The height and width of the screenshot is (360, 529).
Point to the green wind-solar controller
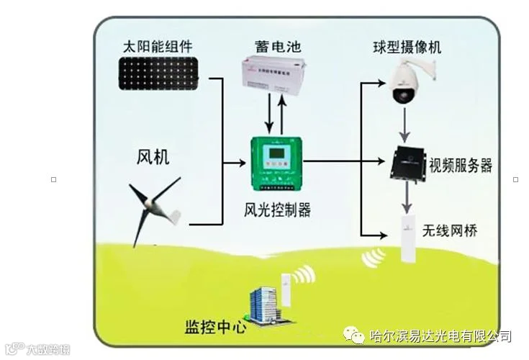277,164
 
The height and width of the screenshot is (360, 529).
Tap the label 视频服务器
461,166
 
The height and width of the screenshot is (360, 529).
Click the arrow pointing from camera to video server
407,127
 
